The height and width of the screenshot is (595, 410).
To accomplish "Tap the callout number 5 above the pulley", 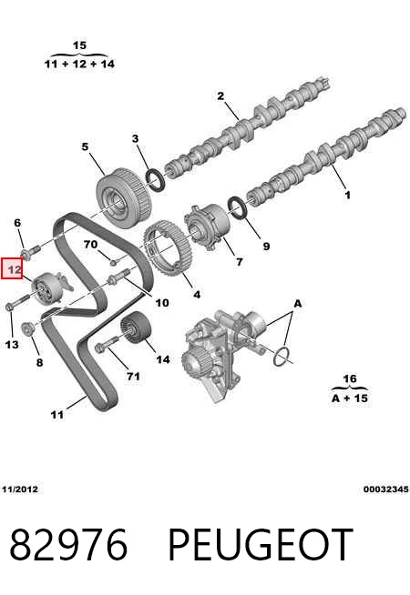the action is point(85,146).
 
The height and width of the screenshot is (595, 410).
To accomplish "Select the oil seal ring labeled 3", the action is point(156,180).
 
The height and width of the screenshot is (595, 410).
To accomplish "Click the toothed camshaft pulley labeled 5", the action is point(123,198).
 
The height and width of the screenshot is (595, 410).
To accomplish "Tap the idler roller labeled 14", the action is point(136,328).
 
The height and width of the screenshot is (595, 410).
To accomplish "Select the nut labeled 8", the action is point(27,328).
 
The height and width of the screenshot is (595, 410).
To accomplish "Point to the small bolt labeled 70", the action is point(113,261).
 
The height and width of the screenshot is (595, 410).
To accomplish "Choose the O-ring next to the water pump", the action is point(282,357).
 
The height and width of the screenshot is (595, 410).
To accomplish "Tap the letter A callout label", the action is point(298,303).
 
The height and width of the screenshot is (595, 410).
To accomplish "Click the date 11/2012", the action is point(20,489).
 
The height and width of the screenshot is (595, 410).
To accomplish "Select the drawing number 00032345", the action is point(385,489).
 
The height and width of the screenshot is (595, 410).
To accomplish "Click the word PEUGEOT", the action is point(261,545).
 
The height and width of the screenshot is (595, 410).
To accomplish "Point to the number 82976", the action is point(68,545).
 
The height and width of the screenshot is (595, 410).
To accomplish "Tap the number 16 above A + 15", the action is point(350,378).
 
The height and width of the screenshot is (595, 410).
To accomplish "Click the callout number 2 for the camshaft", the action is point(220,96).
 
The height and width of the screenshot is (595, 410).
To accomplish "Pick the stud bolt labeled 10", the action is point(119,277).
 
